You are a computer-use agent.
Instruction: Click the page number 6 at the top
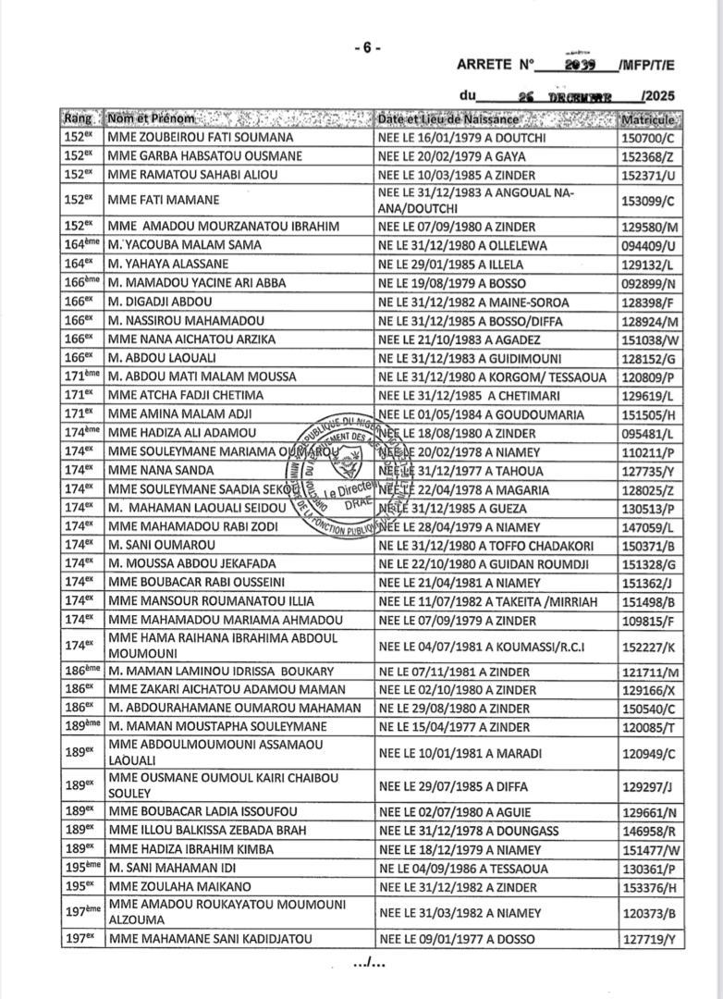(367, 48)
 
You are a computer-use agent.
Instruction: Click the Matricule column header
(649, 120)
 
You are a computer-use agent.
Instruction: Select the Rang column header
(79, 119)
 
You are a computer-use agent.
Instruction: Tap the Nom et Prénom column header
(152, 119)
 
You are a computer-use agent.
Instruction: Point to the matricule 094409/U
(649, 245)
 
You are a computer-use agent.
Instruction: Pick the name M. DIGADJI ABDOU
(161, 302)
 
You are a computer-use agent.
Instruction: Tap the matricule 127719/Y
(649, 940)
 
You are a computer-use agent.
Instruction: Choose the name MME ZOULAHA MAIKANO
(174, 888)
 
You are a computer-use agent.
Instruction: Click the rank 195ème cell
(80, 869)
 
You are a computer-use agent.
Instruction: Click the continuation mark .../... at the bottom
(368, 965)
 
